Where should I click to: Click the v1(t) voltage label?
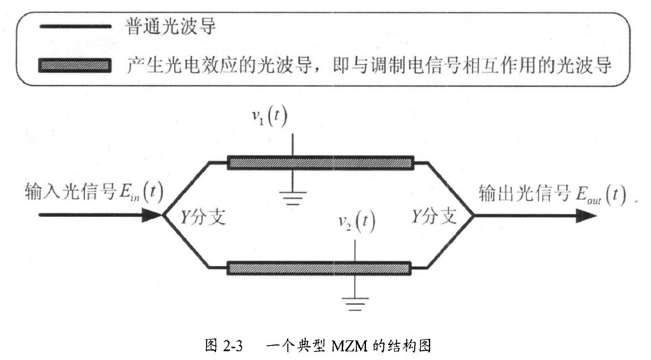(269, 116)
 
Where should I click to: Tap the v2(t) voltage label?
(357, 222)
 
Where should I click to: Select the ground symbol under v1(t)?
(292, 198)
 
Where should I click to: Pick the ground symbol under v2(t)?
(355, 304)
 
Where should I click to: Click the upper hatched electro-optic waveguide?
(321, 163)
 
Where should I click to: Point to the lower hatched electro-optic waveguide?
(319, 268)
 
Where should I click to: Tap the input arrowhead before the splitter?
(152, 215)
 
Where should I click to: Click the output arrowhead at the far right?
(586, 215)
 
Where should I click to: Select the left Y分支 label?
(203, 217)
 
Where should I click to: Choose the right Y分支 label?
(434, 216)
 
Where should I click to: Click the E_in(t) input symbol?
(140, 192)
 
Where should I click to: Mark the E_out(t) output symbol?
(601, 195)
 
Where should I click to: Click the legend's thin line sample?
(75, 26)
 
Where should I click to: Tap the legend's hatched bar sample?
(75, 66)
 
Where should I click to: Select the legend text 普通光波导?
(171, 26)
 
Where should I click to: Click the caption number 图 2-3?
(224, 345)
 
